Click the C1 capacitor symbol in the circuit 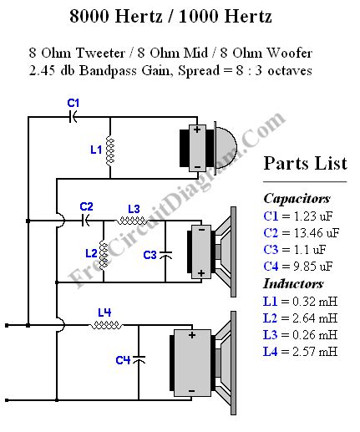(x=73, y=118)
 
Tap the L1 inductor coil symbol (x=109, y=150)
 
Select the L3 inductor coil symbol (x=129, y=221)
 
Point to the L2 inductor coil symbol (x=104, y=251)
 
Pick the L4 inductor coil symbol (x=104, y=325)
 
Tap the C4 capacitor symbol (x=139, y=358)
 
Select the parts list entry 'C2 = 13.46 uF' (x=302, y=233)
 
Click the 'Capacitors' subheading (x=297, y=199)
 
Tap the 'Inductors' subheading (x=293, y=284)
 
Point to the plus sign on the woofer (x=191, y=334)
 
